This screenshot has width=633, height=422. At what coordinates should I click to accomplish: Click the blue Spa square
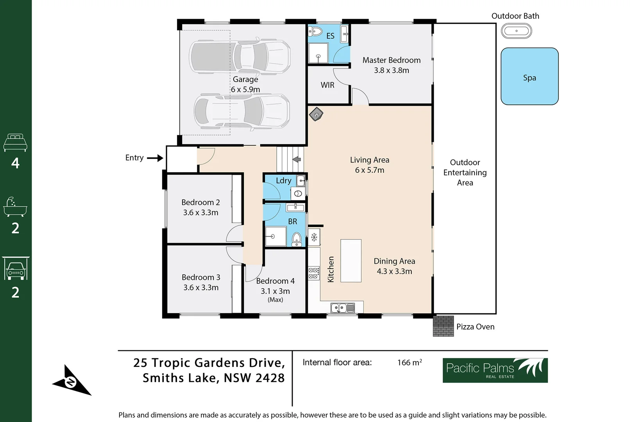pyautogui.click(x=529, y=76)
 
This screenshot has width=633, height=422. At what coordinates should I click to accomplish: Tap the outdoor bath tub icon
pyautogui.click(x=516, y=31)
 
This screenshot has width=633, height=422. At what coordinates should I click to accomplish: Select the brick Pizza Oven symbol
pyautogui.click(x=443, y=326)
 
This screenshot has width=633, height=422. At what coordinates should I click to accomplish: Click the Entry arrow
pyautogui.click(x=155, y=158)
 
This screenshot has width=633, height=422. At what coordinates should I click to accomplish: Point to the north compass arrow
pyautogui.click(x=71, y=381)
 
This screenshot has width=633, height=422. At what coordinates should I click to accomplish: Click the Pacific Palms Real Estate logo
pyautogui.click(x=495, y=370)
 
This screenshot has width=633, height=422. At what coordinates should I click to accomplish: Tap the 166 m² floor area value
pyautogui.click(x=409, y=363)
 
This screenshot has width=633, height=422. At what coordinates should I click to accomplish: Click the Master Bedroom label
pyautogui.click(x=391, y=60)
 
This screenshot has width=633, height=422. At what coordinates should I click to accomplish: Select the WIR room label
pyautogui.click(x=327, y=85)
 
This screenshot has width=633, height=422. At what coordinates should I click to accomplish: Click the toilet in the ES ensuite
pyautogui.click(x=315, y=31)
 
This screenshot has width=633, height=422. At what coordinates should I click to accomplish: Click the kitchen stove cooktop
pyautogui.click(x=313, y=273)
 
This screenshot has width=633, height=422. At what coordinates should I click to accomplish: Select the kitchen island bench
pyautogui.click(x=350, y=261)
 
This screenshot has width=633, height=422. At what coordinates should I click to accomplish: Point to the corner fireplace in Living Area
pyautogui.click(x=316, y=114)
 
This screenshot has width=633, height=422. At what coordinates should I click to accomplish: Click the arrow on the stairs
pyautogui.click(x=297, y=159)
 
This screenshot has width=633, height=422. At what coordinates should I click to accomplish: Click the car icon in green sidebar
pyautogui.click(x=15, y=269)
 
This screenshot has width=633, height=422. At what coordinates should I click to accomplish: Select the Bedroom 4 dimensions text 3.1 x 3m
pyautogui.click(x=275, y=291)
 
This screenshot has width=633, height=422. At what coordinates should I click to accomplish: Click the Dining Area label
pyautogui.click(x=394, y=261)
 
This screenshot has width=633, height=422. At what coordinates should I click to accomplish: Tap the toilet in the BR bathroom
pyautogui.click(x=297, y=238)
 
